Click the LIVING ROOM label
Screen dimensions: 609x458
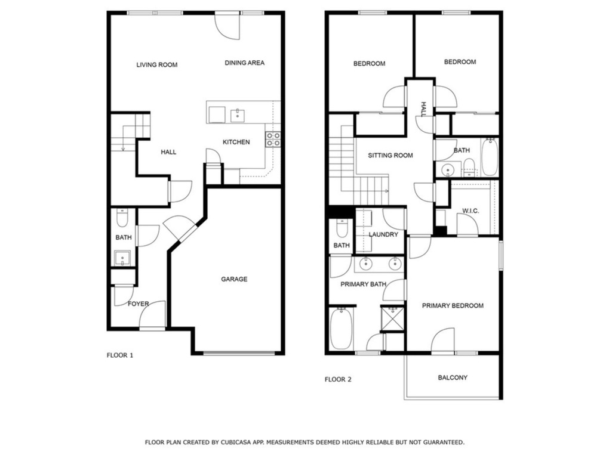coord(157,65)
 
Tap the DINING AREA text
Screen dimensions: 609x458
coord(245,63)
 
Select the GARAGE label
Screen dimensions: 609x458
coord(234,279)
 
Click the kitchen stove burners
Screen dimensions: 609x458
coord(273,139)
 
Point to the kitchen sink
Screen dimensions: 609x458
coord(237,116)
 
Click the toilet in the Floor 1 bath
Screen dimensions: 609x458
coord(122,218)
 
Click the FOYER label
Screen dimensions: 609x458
coord(139,304)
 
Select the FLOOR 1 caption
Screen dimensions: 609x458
coord(120,355)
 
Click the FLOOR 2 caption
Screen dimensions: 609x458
coord(338,379)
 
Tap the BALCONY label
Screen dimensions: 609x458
coord(453,377)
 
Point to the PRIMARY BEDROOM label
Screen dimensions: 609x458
coord(453,306)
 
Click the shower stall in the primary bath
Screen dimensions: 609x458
coord(393,319)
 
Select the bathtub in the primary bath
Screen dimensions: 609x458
coord(342,329)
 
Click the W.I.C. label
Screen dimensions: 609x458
coord(470,211)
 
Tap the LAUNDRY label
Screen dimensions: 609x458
coord(383,234)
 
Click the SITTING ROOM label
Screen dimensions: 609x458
coord(390,156)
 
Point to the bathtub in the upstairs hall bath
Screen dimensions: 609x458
coord(490,157)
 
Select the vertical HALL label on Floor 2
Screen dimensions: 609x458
coord(423,109)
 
